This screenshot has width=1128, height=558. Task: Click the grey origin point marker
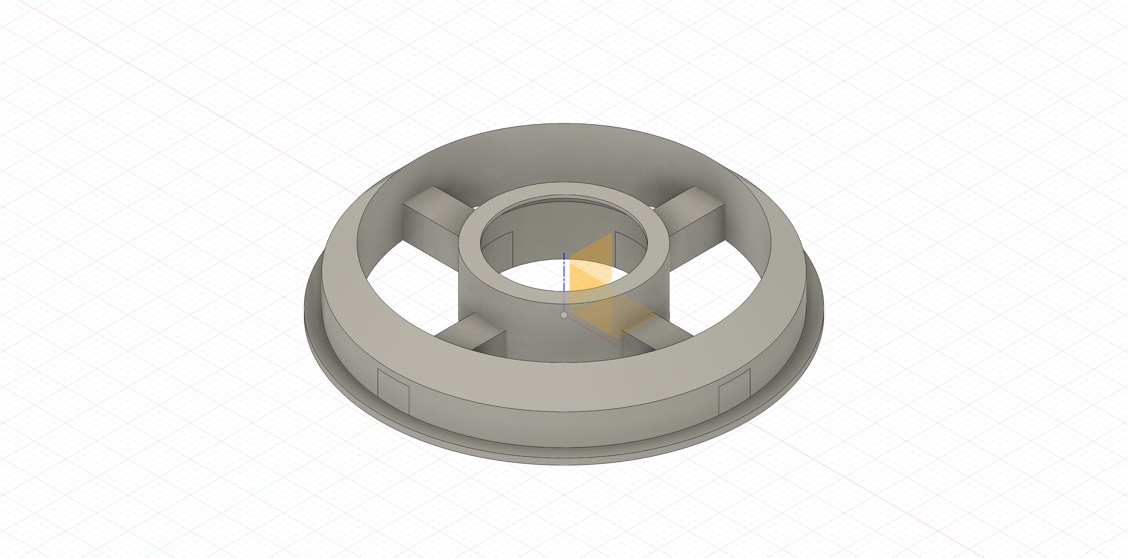(564, 315)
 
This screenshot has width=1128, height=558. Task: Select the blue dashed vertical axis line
(564, 272)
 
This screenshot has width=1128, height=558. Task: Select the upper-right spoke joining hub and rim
(696, 215)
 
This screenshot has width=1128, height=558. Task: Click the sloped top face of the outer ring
(564, 386)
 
